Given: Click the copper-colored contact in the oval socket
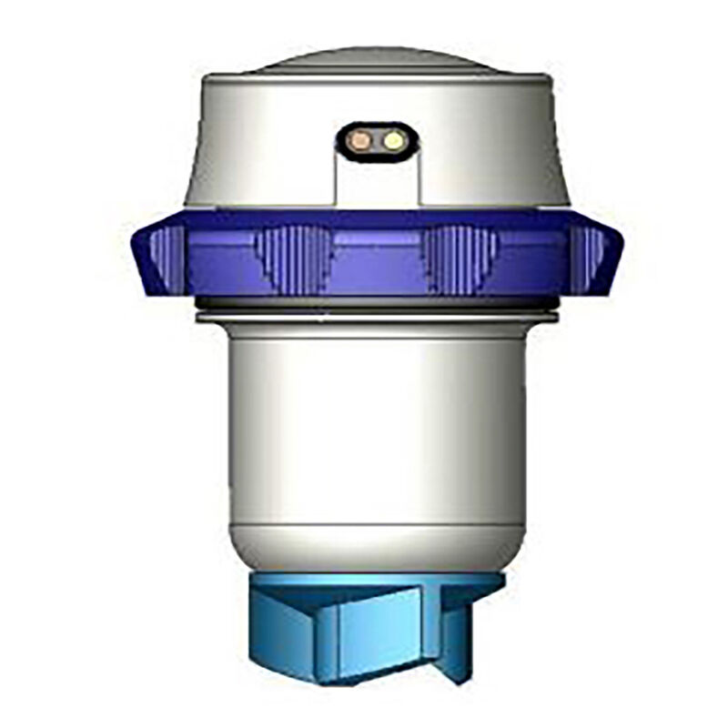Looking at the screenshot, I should pyautogui.click(x=361, y=140).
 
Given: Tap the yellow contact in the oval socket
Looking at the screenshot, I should pyautogui.click(x=393, y=140).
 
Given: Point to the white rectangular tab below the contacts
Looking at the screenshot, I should pyautogui.click(x=377, y=182).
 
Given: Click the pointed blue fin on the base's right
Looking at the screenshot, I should pyautogui.click(x=455, y=637).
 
